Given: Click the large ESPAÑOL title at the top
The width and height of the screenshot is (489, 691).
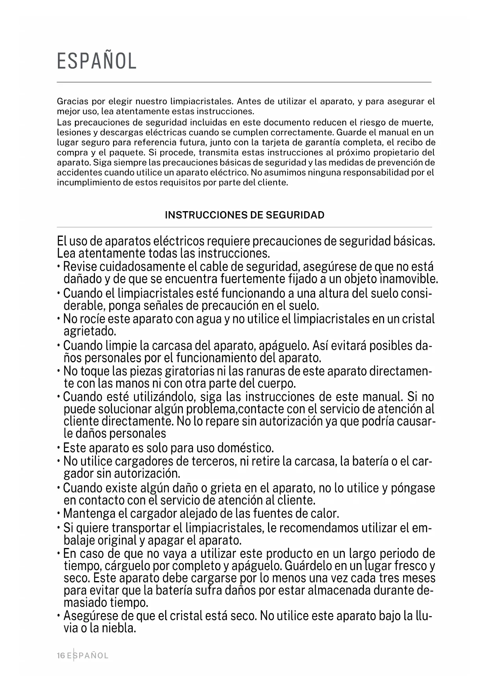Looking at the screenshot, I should point(97,61).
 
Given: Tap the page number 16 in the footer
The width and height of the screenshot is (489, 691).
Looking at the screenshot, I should point(61,656).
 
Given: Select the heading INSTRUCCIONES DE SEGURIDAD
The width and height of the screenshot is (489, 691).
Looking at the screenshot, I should point(244,215).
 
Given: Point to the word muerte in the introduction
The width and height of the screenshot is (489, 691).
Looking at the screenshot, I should point(420,122).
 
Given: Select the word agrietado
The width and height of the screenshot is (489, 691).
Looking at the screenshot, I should point(89,331).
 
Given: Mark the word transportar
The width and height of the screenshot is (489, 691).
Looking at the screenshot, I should point(147,528).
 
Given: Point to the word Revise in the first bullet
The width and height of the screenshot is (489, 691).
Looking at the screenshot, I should point(80,267).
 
